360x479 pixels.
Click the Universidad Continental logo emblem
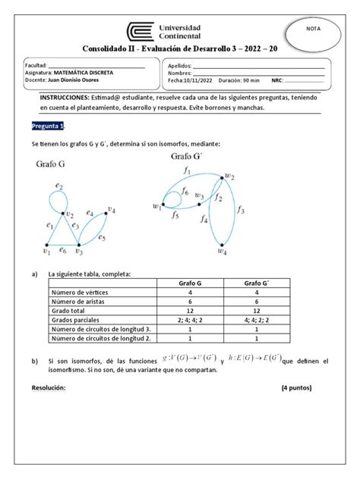(x=140, y=33)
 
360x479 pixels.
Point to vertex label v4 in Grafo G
(x=111, y=211)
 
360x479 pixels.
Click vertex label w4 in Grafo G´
(x=222, y=253)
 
